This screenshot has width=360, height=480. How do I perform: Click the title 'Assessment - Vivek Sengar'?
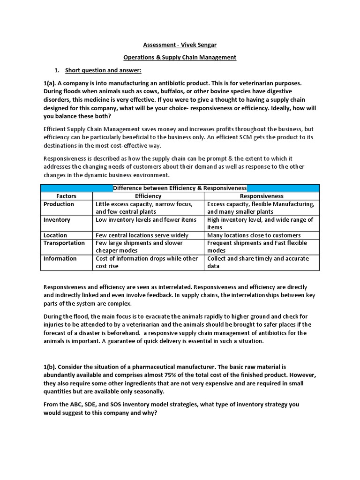[x=180, y=45]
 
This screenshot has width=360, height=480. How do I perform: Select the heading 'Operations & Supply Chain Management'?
[x=180, y=57]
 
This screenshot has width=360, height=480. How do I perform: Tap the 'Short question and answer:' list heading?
[x=103, y=70]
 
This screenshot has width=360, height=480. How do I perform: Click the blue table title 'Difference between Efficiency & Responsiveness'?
[x=180, y=188]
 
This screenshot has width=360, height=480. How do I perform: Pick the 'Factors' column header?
[x=66, y=196]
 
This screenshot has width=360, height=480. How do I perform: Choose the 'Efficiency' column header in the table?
[x=148, y=196]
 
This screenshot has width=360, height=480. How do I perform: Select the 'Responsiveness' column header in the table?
[x=262, y=196]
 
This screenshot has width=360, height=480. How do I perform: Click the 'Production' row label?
[x=59, y=204]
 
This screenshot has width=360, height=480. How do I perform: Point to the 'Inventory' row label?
[x=57, y=219]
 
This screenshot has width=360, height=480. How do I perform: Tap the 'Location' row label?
[x=55, y=235]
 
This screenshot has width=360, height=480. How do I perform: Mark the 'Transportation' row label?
[x=64, y=243]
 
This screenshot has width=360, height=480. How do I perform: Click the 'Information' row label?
[x=60, y=258]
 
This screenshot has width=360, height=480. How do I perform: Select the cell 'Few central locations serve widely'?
[x=142, y=235]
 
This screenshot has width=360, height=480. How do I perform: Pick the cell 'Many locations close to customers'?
[x=254, y=235]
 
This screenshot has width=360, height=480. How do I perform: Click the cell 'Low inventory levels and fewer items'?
[x=146, y=219]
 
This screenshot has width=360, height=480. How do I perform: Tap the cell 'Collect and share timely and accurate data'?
[x=258, y=262]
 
